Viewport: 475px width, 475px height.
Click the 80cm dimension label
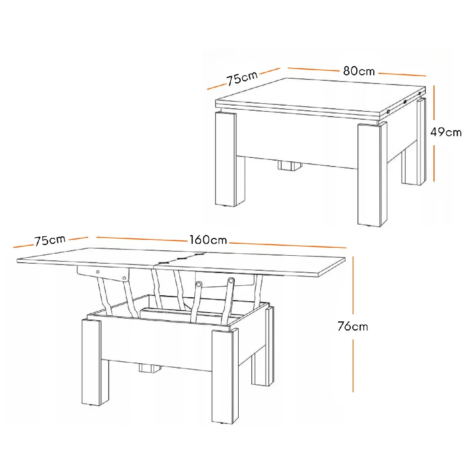pos(359,71)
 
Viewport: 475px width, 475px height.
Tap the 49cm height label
pos(446,133)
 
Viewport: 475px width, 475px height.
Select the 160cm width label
pos(208,240)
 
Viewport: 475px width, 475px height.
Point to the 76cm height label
pos(353,326)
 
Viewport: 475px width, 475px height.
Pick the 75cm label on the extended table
pos(50,241)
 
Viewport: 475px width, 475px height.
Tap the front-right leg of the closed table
pos(372,174)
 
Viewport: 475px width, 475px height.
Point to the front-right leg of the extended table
pos(225,377)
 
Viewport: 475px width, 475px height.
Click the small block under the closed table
pos(290,165)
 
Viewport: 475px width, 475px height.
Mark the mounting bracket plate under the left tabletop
pos(103,273)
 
